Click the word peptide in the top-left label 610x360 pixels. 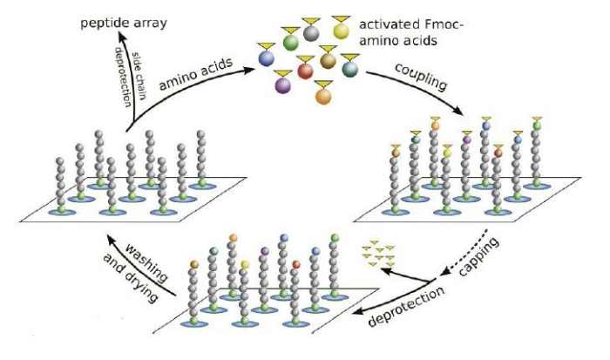coord(96,18)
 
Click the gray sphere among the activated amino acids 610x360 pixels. coord(309,31)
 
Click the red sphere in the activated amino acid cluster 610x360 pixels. coord(305,71)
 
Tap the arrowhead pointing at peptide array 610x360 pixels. coord(132,31)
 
